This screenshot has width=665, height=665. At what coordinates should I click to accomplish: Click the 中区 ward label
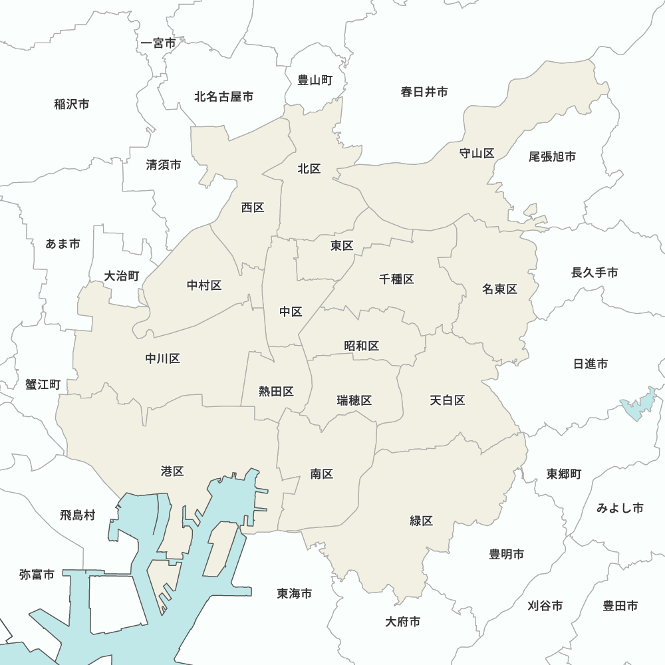[x=291, y=312]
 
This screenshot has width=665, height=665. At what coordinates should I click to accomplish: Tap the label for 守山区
[x=477, y=154]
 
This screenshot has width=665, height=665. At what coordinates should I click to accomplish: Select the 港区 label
[x=172, y=471]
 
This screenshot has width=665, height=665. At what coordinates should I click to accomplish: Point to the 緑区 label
[x=422, y=521]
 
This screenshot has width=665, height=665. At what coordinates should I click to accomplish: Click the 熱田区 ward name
[x=276, y=392]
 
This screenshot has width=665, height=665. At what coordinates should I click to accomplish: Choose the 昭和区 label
[x=362, y=346]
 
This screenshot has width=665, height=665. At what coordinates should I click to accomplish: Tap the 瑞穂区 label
[x=354, y=400]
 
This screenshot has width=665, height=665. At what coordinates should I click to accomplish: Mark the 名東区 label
[x=499, y=289]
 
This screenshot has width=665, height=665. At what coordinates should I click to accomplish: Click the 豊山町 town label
[x=315, y=80]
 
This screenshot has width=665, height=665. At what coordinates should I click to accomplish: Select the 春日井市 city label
[x=424, y=92]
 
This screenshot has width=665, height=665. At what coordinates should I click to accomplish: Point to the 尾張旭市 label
[x=552, y=157]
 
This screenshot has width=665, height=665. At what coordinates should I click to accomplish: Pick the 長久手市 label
[x=595, y=273]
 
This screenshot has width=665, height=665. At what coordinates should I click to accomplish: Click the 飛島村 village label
[x=78, y=515]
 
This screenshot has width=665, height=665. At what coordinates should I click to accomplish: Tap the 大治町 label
[x=122, y=275]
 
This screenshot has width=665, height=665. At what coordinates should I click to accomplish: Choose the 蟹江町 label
[x=43, y=385]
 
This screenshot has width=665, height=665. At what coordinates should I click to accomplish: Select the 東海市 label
[x=295, y=593]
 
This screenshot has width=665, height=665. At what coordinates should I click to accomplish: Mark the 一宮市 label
[x=159, y=43]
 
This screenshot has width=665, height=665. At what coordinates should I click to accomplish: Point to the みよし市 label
[x=620, y=508]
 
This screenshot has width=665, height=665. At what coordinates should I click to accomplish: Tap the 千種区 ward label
[x=396, y=279]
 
